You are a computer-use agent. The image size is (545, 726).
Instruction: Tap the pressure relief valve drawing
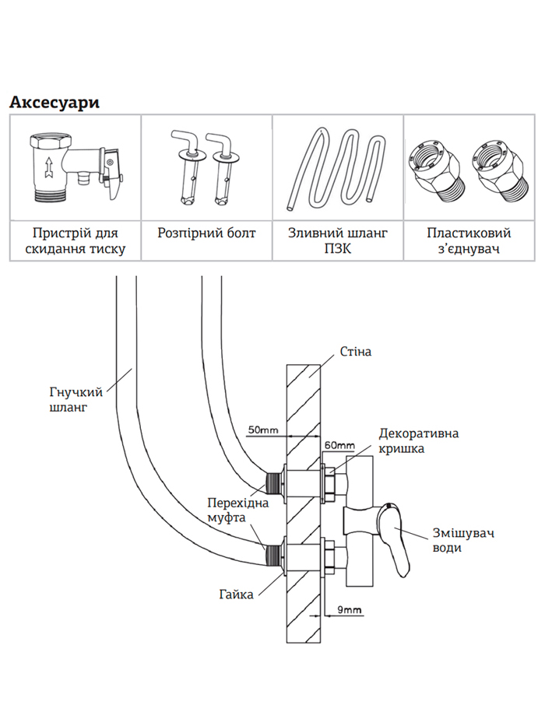[73, 167]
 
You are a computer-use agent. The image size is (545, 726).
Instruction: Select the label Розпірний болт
[206, 233]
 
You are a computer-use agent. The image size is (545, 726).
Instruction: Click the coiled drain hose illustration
[337, 168]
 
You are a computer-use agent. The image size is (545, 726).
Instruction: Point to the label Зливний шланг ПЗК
[338, 241]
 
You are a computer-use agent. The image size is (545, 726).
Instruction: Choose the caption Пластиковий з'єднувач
[469, 241]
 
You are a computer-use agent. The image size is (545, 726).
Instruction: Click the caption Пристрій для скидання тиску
[75, 241]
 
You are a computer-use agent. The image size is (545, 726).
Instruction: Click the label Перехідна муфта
[237, 510]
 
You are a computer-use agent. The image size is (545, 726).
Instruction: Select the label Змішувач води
[453, 540]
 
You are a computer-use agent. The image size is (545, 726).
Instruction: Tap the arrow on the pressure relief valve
[49, 167]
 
